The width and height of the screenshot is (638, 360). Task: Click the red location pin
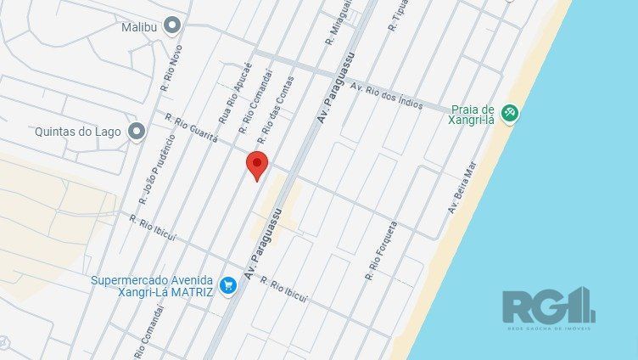coord(257,165)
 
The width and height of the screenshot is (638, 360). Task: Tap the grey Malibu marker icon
coord(173,25)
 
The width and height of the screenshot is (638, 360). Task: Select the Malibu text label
coord(140,25)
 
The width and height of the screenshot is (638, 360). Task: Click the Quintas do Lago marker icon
coord(137,132)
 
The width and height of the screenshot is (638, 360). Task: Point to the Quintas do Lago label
coord(79,132)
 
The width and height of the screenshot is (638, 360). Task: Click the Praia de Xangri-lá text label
coord(472,115)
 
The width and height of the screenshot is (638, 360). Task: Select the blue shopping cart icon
coord(227,286)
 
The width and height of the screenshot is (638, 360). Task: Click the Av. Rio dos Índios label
coord(386,98)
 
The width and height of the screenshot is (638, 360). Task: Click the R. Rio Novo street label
coord(171,68)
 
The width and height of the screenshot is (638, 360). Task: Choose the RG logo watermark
coord(548,307)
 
